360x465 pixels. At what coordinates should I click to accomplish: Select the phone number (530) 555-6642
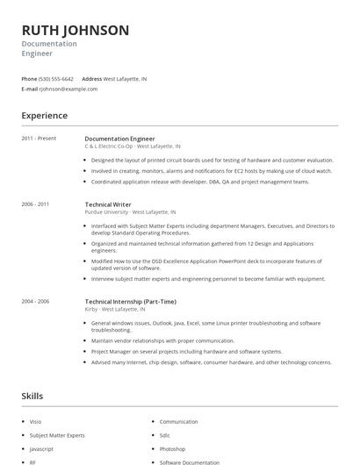56,79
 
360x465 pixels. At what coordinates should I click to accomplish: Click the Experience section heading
44,116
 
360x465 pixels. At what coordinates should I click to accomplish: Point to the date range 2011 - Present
39,139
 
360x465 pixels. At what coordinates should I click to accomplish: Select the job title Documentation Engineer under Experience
119,139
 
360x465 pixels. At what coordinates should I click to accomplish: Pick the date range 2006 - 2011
35,204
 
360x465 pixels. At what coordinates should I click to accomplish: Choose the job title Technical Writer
109,204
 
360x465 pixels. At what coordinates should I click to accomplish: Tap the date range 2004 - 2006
35,301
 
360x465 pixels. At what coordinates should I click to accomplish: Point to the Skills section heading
32,397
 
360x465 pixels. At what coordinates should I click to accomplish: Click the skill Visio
36,422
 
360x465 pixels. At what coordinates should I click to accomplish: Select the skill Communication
178,422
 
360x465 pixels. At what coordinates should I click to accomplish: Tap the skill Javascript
41,448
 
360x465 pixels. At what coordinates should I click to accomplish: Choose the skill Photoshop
173,448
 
